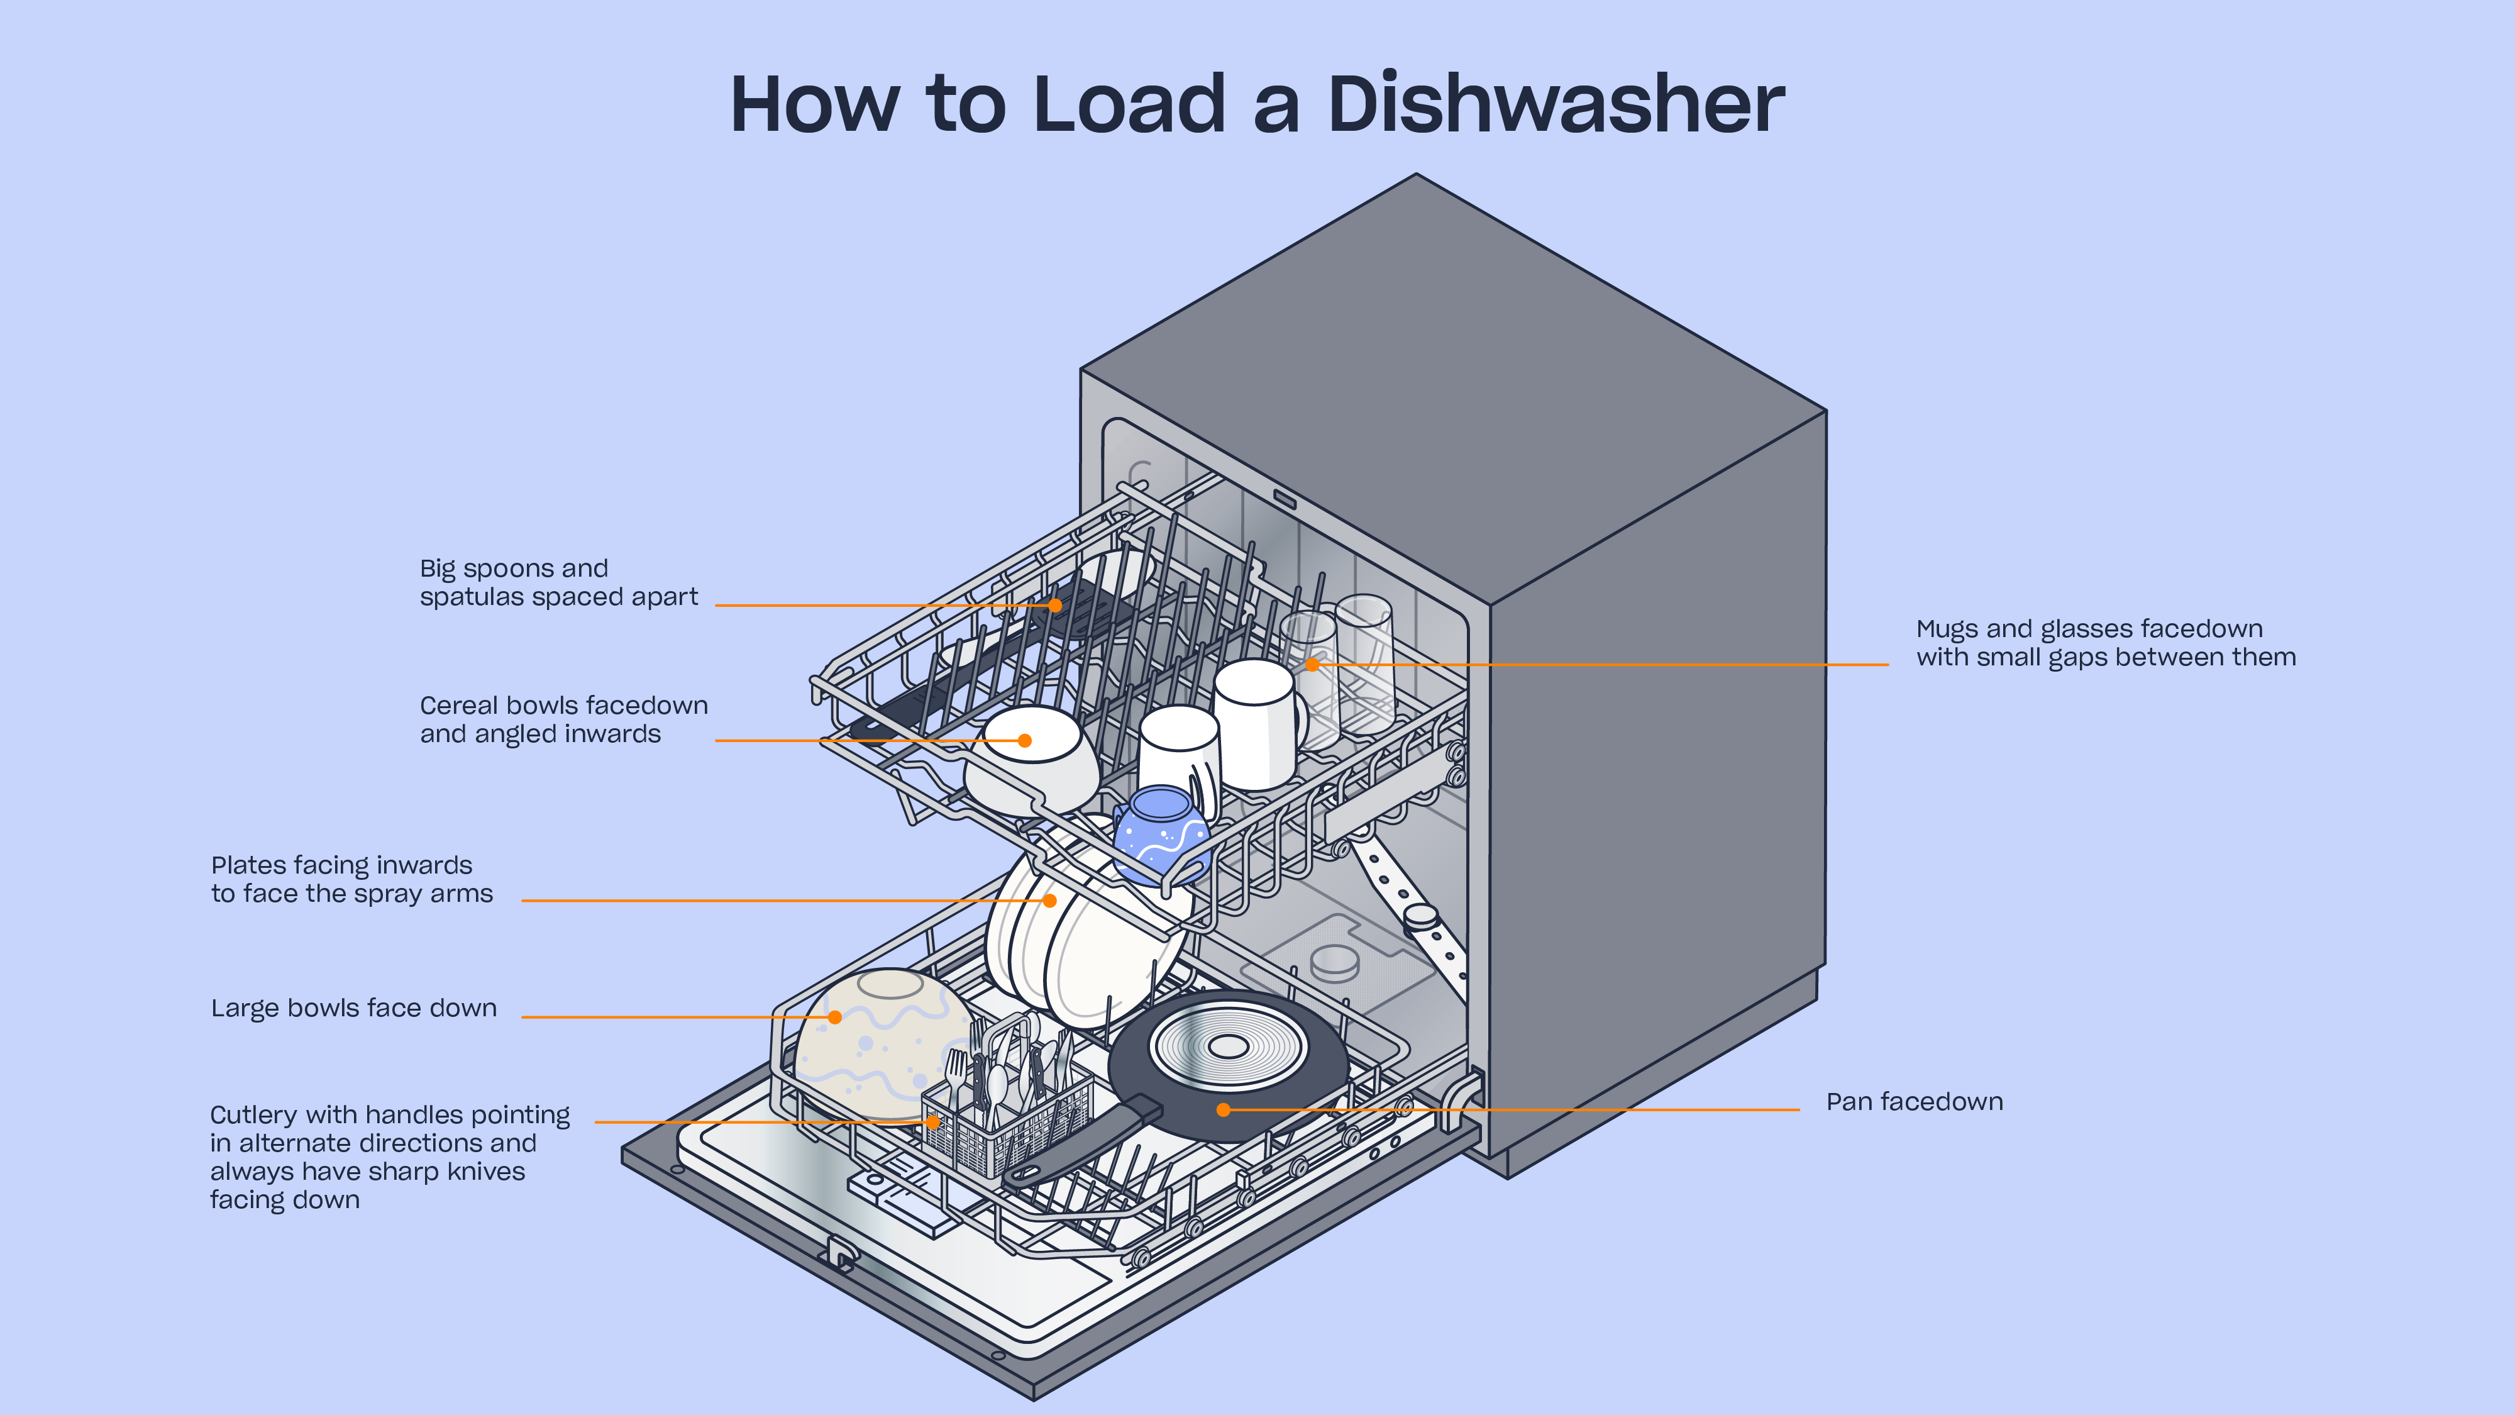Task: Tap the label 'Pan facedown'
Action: click(x=1913, y=1102)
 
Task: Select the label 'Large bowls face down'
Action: click(x=353, y=1007)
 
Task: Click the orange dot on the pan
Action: click(x=1224, y=1109)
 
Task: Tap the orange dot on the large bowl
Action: click(x=835, y=1016)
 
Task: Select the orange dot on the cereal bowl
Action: click(x=1024, y=740)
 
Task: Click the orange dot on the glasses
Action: click(x=1313, y=664)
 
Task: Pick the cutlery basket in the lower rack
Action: click(x=1005, y=1123)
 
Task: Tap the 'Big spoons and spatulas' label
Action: click(x=558, y=582)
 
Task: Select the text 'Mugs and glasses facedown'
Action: click(x=2089, y=629)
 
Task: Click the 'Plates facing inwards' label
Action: click(x=351, y=879)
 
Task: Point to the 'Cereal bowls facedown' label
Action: click(x=563, y=719)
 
